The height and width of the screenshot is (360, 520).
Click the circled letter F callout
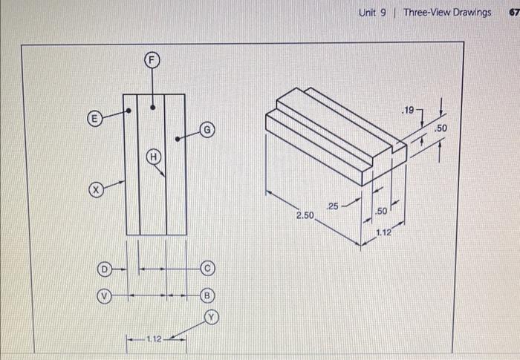(152, 59)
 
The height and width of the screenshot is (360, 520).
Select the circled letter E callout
(94, 118)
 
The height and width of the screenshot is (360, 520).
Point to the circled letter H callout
(153, 157)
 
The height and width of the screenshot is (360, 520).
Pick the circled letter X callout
(94, 190)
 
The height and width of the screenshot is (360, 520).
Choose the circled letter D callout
(105, 267)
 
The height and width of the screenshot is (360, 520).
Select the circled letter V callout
(105, 295)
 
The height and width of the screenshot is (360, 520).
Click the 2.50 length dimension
(305, 216)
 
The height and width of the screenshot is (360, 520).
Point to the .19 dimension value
(407, 110)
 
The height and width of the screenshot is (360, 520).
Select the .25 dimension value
(332, 206)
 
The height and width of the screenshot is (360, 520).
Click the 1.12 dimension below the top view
(155, 339)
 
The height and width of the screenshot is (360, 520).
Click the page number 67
(513, 13)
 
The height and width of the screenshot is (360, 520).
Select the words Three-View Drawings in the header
(447, 13)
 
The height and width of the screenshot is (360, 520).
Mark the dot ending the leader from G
(177, 138)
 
